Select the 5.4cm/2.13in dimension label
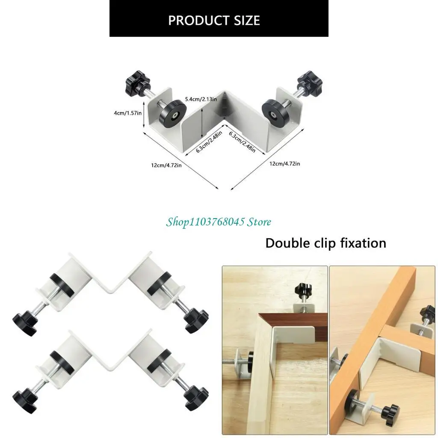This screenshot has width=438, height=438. point(200,99)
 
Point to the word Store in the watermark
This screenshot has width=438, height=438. point(259,222)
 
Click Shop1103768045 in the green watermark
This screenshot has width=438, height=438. point(205,222)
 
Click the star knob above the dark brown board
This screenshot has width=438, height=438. point(302,291)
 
